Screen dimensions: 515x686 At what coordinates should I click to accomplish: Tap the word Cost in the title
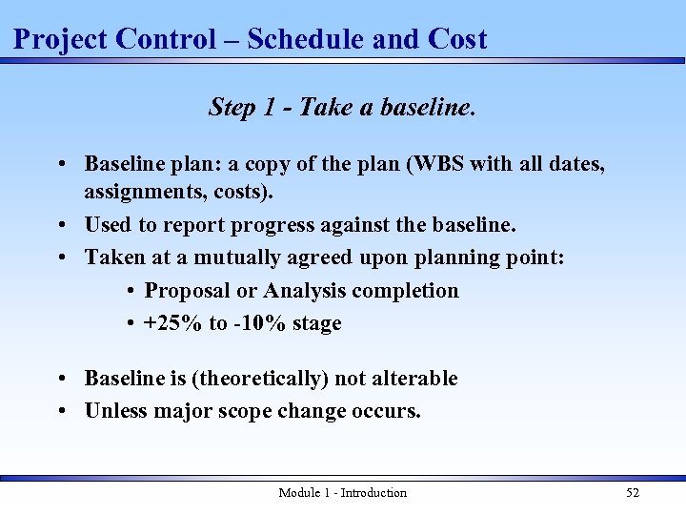457,39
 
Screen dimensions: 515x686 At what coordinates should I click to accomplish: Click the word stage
316,323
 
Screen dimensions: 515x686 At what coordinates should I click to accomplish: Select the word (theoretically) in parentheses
260,379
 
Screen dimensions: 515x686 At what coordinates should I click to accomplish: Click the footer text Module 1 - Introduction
342,493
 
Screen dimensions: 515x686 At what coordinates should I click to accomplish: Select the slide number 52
633,493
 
